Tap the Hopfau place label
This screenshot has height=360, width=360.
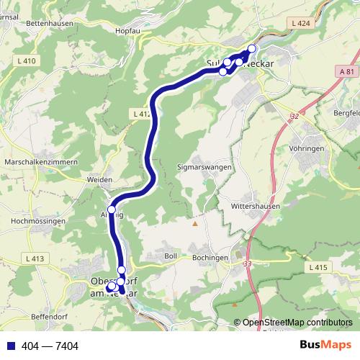(x=127, y=32)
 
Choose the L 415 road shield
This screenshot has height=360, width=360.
(x=318, y=267)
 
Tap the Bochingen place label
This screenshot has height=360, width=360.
(x=210, y=256)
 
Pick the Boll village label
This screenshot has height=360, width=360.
(x=171, y=256)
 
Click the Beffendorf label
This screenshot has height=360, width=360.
(x=51, y=317)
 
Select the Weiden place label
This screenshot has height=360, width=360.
(x=99, y=179)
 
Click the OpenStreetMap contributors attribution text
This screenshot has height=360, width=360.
(x=297, y=322)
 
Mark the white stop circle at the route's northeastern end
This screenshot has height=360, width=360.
(x=251, y=48)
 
